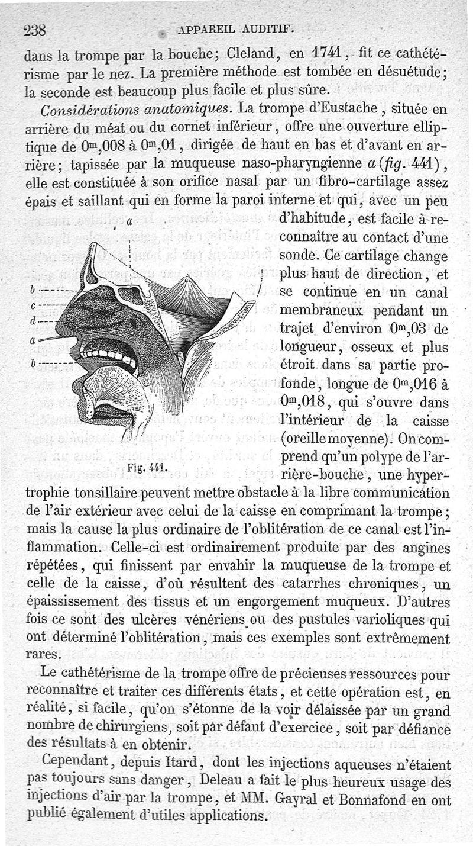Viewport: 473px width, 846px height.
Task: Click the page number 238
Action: pos(35,31)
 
